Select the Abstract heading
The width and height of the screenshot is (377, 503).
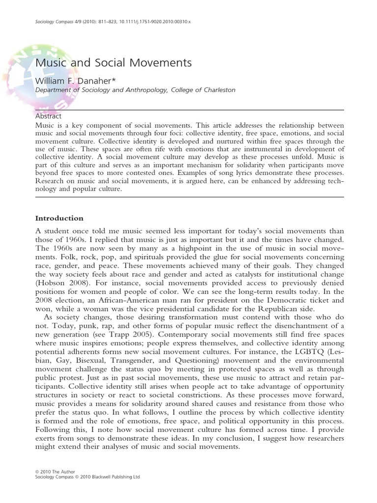pos(49,116)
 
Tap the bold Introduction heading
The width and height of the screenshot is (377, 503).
pos(59,218)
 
